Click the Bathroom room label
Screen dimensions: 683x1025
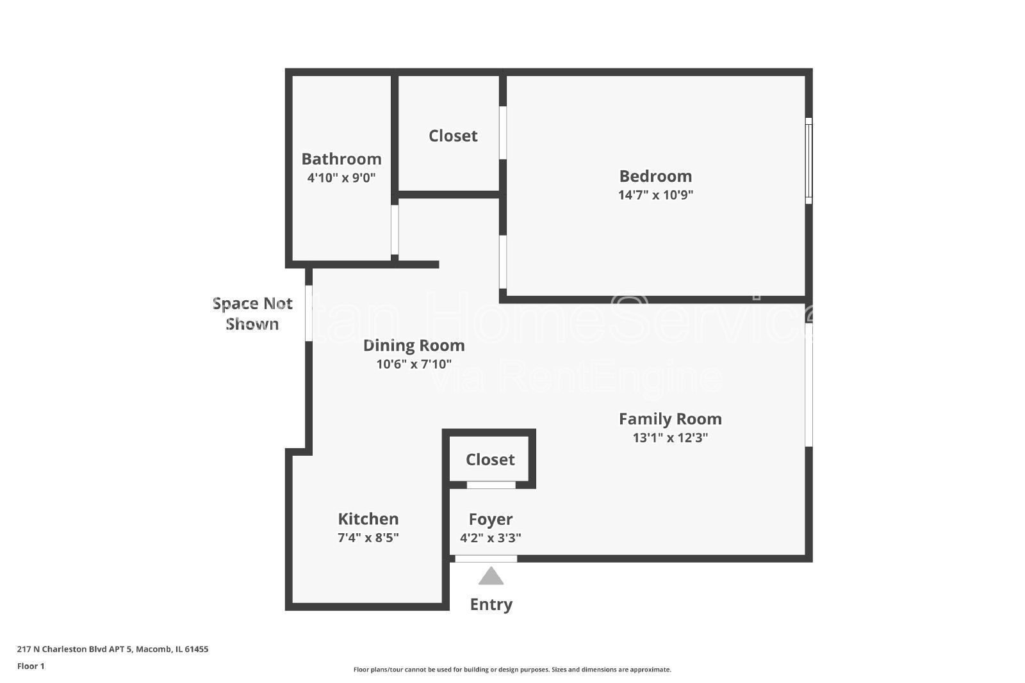click(x=341, y=159)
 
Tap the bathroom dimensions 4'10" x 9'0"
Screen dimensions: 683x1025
click(x=341, y=178)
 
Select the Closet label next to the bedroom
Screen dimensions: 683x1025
click(x=453, y=136)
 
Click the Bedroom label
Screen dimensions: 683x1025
click(x=655, y=176)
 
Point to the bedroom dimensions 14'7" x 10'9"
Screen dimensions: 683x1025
click(x=655, y=195)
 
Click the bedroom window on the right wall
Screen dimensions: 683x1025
click(x=808, y=161)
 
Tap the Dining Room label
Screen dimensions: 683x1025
click(x=414, y=346)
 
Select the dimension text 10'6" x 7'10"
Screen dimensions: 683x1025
click(x=414, y=364)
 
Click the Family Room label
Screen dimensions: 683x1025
click(x=670, y=419)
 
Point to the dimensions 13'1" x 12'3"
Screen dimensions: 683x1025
click(x=670, y=438)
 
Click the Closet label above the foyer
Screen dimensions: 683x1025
click(x=490, y=460)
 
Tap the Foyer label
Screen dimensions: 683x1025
click(x=491, y=519)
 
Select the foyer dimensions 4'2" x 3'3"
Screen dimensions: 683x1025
click(x=491, y=538)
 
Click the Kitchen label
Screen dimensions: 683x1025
click(x=368, y=518)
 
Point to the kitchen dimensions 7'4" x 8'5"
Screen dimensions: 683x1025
click(x=368, y=538)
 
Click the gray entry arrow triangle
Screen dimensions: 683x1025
click(x=491, y=577)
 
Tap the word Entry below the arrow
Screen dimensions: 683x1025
click(x=491, y=604)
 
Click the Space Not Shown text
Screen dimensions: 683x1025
click(x=252, y=314)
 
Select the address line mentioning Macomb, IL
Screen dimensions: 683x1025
click(x=113, y=649)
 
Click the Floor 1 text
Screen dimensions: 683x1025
click(x=31, y=666)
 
